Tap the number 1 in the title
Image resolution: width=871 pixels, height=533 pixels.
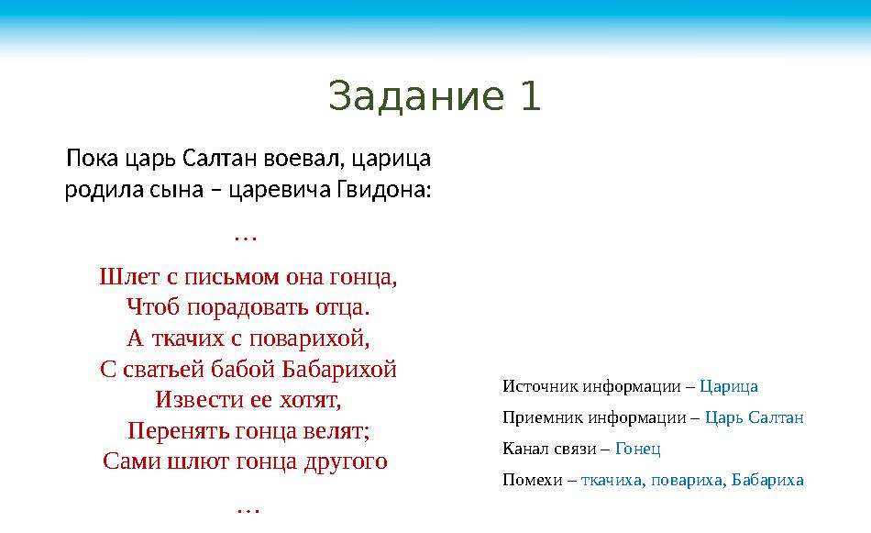pos(530,96)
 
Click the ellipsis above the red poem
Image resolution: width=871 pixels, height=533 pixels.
pos(246,237)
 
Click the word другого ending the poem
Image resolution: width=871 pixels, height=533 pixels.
pos(345,461)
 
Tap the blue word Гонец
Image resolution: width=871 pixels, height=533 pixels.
pos(637,449)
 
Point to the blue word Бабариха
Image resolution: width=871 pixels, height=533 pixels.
pos(767,480)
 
